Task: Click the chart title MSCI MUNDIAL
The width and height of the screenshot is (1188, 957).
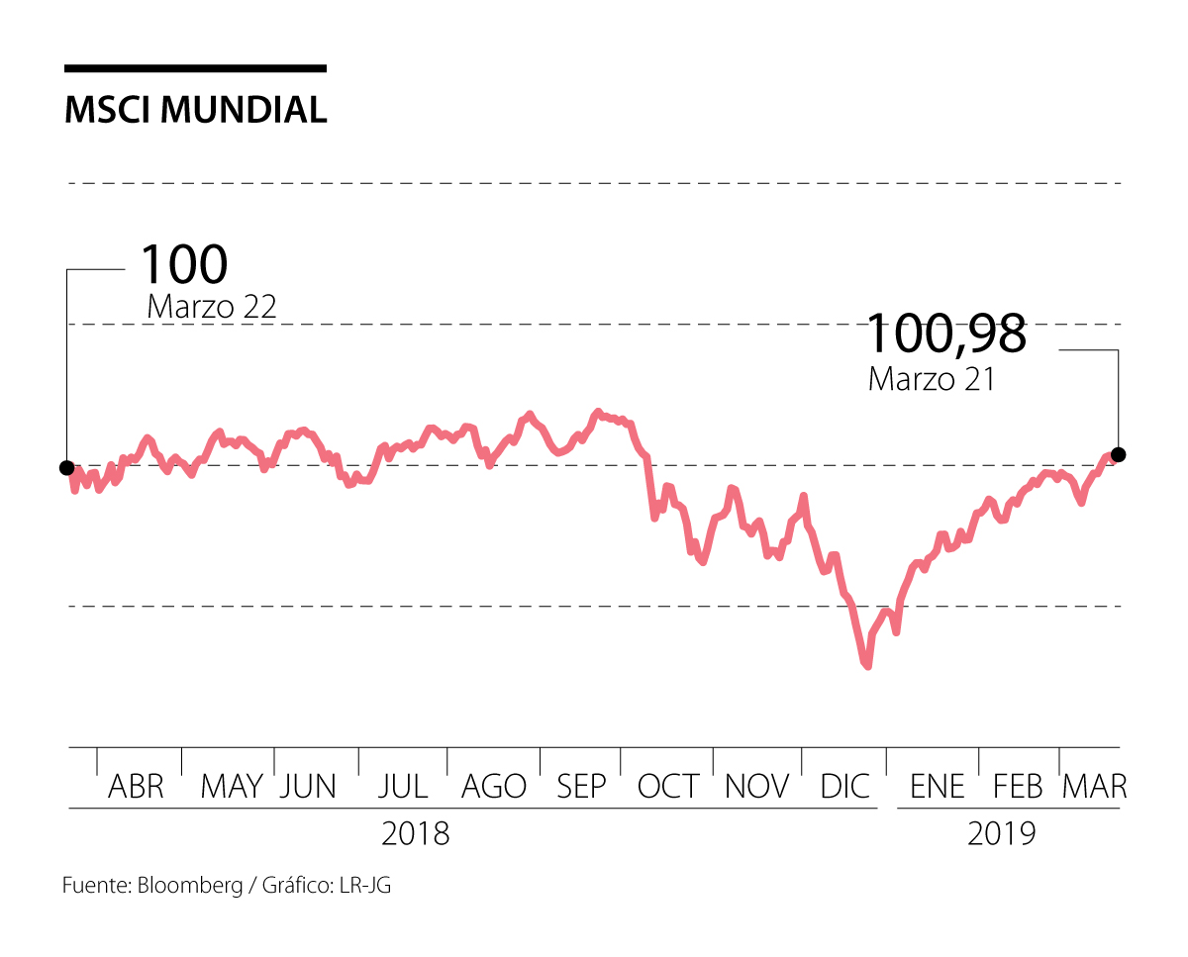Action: pos(195,110)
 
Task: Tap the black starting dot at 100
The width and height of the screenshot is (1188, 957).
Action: pos(66,467)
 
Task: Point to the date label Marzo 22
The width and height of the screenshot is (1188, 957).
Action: pos(211,307)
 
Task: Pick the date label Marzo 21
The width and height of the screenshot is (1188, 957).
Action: pos(931,378)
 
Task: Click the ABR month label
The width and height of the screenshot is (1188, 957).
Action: pos(136,787)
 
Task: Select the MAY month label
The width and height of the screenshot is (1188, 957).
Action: pos(232,787)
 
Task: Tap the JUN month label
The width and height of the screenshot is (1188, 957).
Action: pos(308,787)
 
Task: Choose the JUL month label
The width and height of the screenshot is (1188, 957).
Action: pos(402,787)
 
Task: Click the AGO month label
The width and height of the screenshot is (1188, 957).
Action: pos(494,787)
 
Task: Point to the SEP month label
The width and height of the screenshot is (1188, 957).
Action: pos(581,787)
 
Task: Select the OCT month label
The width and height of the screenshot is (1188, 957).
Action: pos(667,787)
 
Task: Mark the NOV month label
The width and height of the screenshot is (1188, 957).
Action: pos(757,787)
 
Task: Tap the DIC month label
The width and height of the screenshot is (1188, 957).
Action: pos(844,787)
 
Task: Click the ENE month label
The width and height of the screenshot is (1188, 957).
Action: pos(937,787)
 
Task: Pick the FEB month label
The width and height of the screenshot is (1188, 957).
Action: pos(1019,787)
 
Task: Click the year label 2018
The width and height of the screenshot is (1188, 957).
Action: pos(416,833)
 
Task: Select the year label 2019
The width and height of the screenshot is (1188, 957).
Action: pos(1002,833)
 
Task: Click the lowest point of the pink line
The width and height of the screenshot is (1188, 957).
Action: pos(867,666)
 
